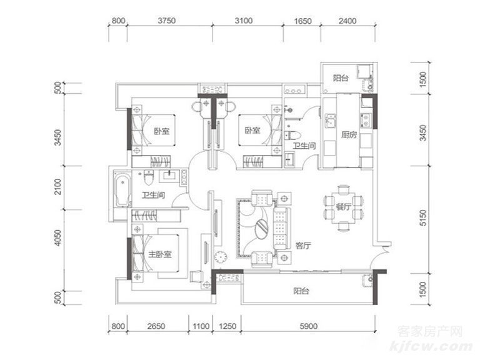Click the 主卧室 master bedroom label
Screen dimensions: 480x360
point(160,254)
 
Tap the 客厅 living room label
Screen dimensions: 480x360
point(303,246)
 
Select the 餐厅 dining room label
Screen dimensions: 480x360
point(344,207)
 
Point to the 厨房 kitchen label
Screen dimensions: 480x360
point(349,135)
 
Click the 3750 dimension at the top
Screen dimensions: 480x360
point(166,21)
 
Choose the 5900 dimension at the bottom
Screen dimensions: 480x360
point(308,326)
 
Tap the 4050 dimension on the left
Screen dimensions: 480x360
point(57,238)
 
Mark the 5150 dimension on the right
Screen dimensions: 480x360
point(422,217)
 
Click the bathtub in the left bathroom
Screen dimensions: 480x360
point(122,190)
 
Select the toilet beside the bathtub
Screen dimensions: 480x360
point(149,177)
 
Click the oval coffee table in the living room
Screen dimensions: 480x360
point(261,227)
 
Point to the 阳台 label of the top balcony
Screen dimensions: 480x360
point(341,78)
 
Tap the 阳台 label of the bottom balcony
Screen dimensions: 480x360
point(301,291)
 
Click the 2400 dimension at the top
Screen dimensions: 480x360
point(347,21)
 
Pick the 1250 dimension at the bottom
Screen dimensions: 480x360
point(227,326)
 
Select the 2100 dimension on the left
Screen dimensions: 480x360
point(57,187)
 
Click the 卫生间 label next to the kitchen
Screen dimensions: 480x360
point(304,146)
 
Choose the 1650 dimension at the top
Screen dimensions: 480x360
point(302,21)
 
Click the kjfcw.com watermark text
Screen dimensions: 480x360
point(431,346)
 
